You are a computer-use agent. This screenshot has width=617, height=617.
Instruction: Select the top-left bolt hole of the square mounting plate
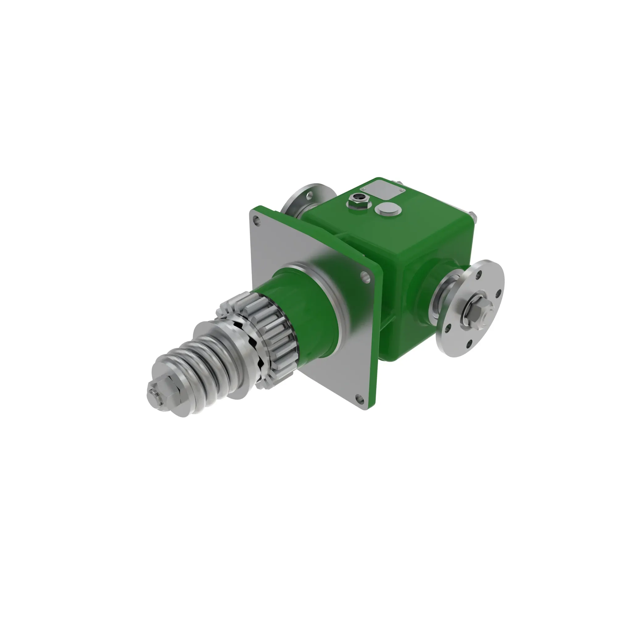[256, 219]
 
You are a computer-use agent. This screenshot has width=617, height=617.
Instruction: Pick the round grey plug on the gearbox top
[388, 209]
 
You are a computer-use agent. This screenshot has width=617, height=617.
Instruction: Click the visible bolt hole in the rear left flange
[309, 194]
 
